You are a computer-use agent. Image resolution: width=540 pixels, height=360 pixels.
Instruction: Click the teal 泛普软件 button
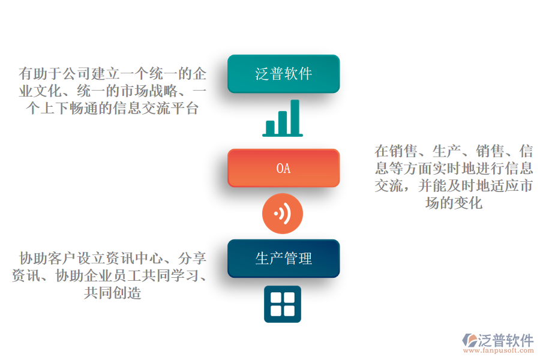point(283,73)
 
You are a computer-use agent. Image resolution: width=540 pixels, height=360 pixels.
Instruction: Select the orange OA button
point(283,168)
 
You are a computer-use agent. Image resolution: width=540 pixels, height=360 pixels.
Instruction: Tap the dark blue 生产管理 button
point(283,259)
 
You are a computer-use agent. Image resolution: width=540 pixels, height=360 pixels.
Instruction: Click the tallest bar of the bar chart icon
point(295,116)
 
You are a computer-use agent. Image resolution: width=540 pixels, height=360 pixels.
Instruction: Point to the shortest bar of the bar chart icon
point(270,127)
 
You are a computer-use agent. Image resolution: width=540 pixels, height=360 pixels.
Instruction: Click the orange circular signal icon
point(283,213)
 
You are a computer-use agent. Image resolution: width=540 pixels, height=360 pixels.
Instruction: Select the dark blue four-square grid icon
point(283,304)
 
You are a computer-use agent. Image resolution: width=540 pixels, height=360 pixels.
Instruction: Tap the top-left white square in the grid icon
point(276,298)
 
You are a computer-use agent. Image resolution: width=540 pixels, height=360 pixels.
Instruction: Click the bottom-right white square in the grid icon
point(289,311)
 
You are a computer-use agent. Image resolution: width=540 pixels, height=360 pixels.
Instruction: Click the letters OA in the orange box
point(283,169)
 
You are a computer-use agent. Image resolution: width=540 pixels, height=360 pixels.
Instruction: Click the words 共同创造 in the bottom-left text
point(113,294)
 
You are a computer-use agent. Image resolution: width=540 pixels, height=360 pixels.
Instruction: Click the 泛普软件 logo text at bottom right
point(506,340)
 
